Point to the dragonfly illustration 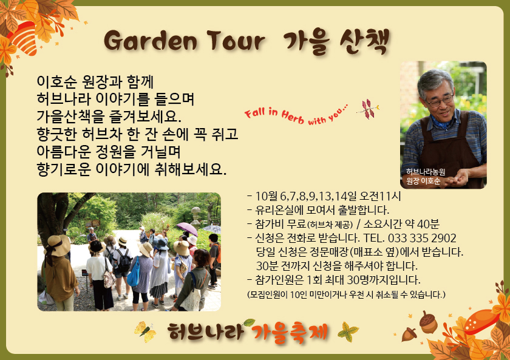coord(368,109)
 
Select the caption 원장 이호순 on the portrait coord(423,181)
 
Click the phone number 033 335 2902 coord(422,238)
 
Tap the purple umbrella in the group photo coord(187,228)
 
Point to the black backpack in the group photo coord(124,261)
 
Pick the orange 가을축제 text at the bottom coord(290,332)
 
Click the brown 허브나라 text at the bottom coord(206,331)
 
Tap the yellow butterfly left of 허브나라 coord(145,332)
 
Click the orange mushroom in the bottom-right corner coord(481,321)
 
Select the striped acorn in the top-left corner coord(24,38)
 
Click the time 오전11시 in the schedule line coord(380,196)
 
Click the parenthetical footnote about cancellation coord(346,294)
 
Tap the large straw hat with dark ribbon coord(58,246)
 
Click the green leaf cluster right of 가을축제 coord(348,331)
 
